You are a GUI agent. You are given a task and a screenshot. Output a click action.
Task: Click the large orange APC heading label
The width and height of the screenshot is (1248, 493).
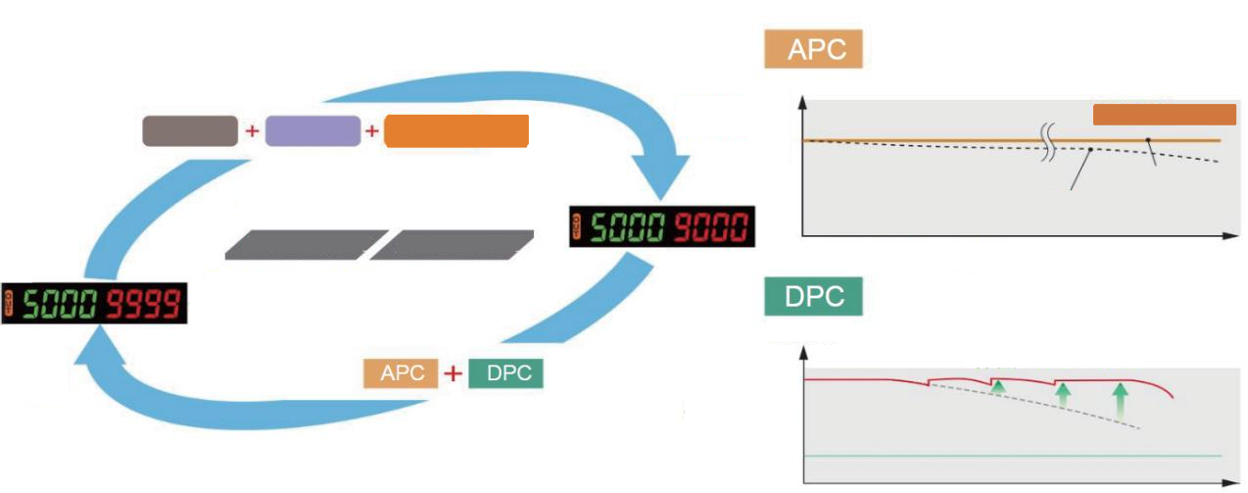[812, 51]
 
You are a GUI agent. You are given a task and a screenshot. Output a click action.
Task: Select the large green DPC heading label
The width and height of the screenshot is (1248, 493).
[812, 298]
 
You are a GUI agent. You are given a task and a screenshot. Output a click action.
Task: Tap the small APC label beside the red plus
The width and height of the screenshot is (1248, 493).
[401, 374]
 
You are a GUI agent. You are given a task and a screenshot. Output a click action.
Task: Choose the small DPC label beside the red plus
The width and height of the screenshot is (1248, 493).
[505, 374]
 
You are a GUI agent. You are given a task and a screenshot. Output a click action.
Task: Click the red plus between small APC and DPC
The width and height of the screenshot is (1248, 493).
[453, 374]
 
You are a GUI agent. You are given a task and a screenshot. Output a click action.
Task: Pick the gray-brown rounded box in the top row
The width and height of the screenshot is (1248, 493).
[190, 131]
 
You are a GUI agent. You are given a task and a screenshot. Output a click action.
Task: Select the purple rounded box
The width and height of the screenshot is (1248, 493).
[312, 131]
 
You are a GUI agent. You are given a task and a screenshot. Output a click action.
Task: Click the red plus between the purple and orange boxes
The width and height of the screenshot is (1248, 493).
[372, 131]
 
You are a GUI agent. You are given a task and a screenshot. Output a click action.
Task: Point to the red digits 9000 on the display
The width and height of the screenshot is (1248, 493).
[709, 227]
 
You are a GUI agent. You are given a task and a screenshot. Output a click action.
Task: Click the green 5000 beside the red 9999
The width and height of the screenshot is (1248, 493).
[60, 305]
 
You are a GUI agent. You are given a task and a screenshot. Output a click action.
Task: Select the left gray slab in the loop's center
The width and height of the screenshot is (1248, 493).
[305, 244]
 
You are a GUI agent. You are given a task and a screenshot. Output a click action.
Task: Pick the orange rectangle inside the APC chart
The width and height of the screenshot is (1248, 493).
[1164, 115]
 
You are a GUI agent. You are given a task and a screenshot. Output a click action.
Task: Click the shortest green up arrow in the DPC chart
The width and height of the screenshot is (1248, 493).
[997, 389]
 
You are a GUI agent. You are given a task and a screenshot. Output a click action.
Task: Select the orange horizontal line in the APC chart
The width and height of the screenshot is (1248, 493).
[931, 141]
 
